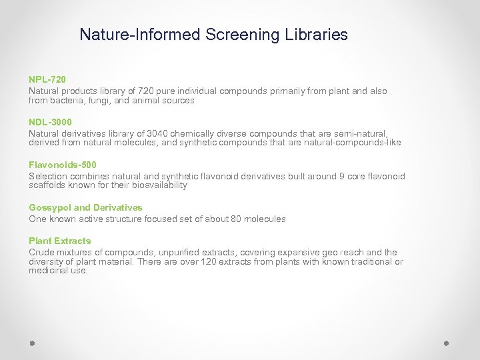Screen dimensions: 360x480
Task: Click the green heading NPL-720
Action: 47,79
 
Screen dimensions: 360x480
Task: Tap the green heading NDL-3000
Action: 50,122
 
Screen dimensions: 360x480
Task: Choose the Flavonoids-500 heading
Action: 63,165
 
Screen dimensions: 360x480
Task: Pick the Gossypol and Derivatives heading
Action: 85,207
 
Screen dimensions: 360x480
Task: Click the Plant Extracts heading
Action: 60,241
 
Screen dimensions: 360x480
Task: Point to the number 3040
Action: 147,133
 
